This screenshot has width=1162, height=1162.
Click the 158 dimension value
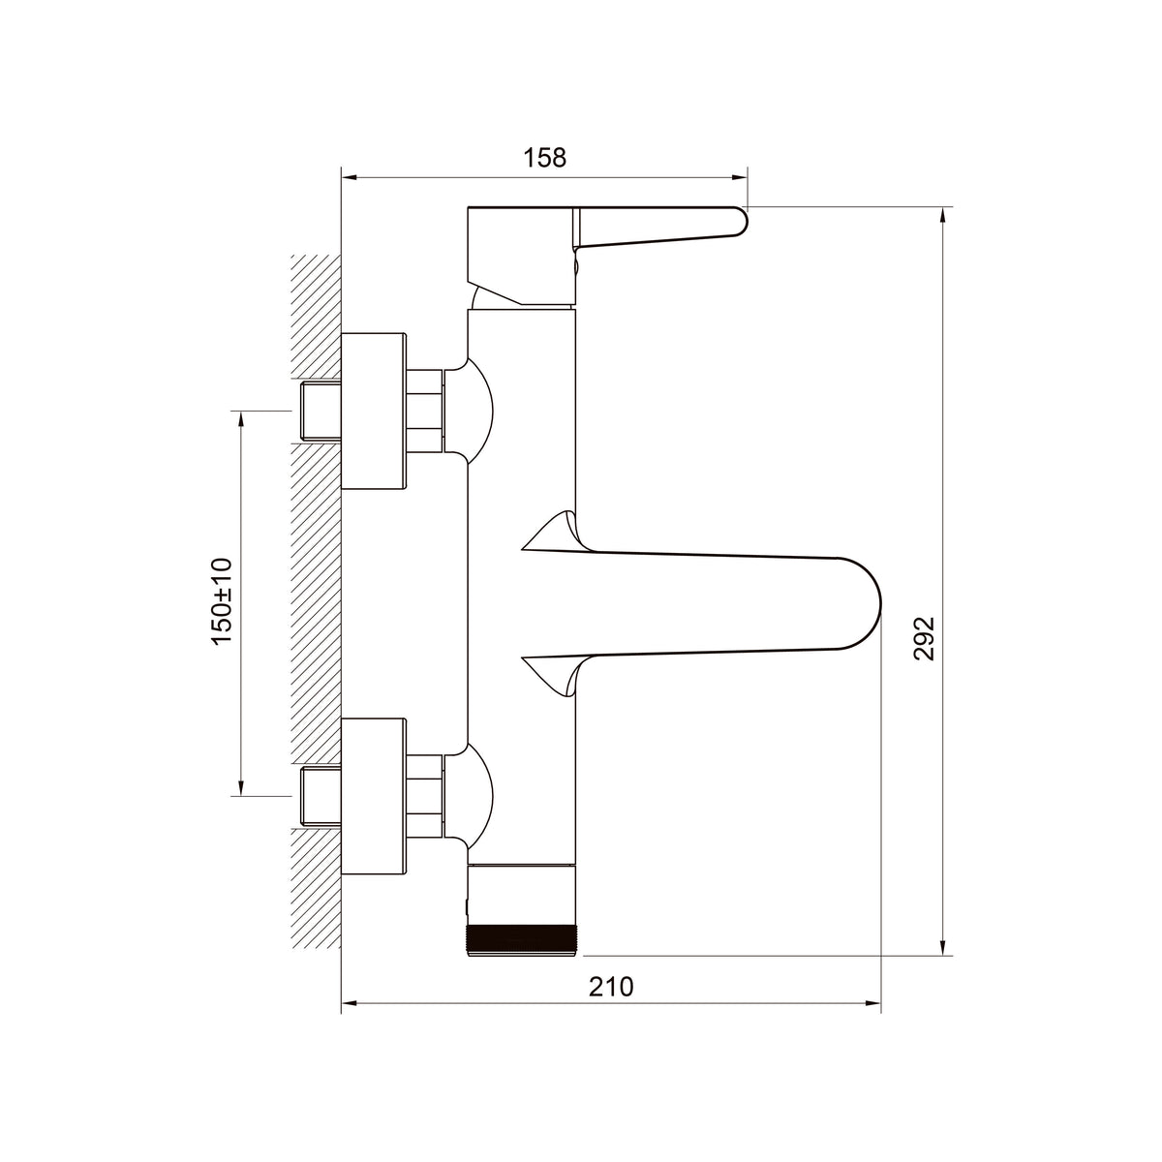pyautogui.click(x=544, y=158)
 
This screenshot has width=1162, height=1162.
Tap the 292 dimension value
pyautogui.click(x=925, y=638)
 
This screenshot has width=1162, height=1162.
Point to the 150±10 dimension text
pyautogui.click(x=222, y=601)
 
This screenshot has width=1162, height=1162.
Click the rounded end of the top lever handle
pyautogui.click(x=743, y=222)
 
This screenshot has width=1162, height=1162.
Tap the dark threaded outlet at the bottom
pyautogui.click(x=522, y=940)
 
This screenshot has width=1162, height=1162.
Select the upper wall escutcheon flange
pyautogui.click(x=373, y=411)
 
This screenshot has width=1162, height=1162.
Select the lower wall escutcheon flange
pyautogui.click(x=373, y=796)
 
